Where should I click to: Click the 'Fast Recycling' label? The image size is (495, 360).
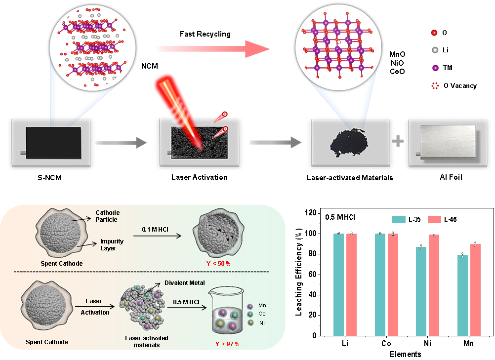pyautogui.click(x=205, y=34)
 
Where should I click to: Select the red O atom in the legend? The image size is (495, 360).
pyautogui.click(x=434, y=33)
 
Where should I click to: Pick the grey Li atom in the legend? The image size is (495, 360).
pyautogui.click(x=434, y=50)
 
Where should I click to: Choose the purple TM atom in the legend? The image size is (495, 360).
pyautogui.click(x=435, y=68)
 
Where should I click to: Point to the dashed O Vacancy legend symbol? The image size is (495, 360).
pyautogui.click(x=435, y=85)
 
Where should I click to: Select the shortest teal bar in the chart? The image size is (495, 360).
pyautogui.click(x=462, y=295)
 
